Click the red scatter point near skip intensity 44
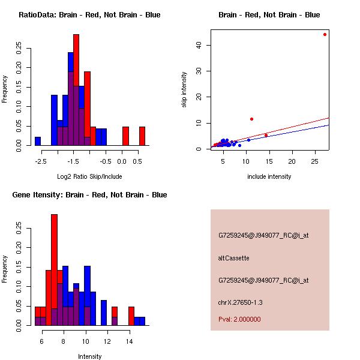click(325, 34)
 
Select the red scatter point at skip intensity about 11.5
click(251, 119)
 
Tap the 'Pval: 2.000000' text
click(239, 319)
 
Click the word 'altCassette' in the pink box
click(233, 258)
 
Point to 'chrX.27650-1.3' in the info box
click(241, 302)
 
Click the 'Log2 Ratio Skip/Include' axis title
click(89, 176)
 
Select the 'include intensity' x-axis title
click(269, 176)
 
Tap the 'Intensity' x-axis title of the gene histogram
click(89, 356)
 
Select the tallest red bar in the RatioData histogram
click(76, 90)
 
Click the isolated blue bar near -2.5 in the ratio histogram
click(38, 141)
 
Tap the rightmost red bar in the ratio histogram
click(142, 136)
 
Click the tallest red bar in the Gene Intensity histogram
click(54, 270)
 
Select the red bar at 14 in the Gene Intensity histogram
click(131, 316)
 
